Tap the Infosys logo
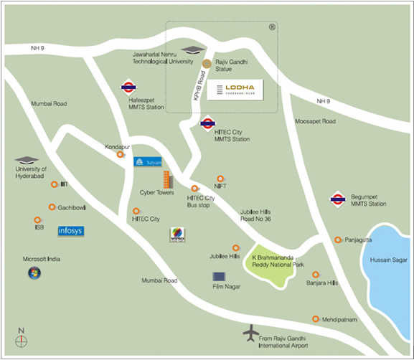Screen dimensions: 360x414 (71, 231)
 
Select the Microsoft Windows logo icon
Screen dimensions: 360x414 (34, 273)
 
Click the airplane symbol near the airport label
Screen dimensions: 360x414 (250, 333)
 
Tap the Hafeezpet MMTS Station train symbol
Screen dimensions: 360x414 (128, 88)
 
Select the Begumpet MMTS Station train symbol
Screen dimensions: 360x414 (337, 199)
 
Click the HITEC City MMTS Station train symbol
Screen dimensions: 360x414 (208, 123)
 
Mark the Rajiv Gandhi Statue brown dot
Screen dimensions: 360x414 (207, 65)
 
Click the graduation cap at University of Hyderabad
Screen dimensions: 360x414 (26, 160)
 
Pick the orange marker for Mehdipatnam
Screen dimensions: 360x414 (315, 319)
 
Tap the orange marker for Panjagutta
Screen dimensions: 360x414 (338, 240)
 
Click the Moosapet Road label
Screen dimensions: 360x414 (315, 122)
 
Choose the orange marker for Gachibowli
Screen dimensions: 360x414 (52, 207)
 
